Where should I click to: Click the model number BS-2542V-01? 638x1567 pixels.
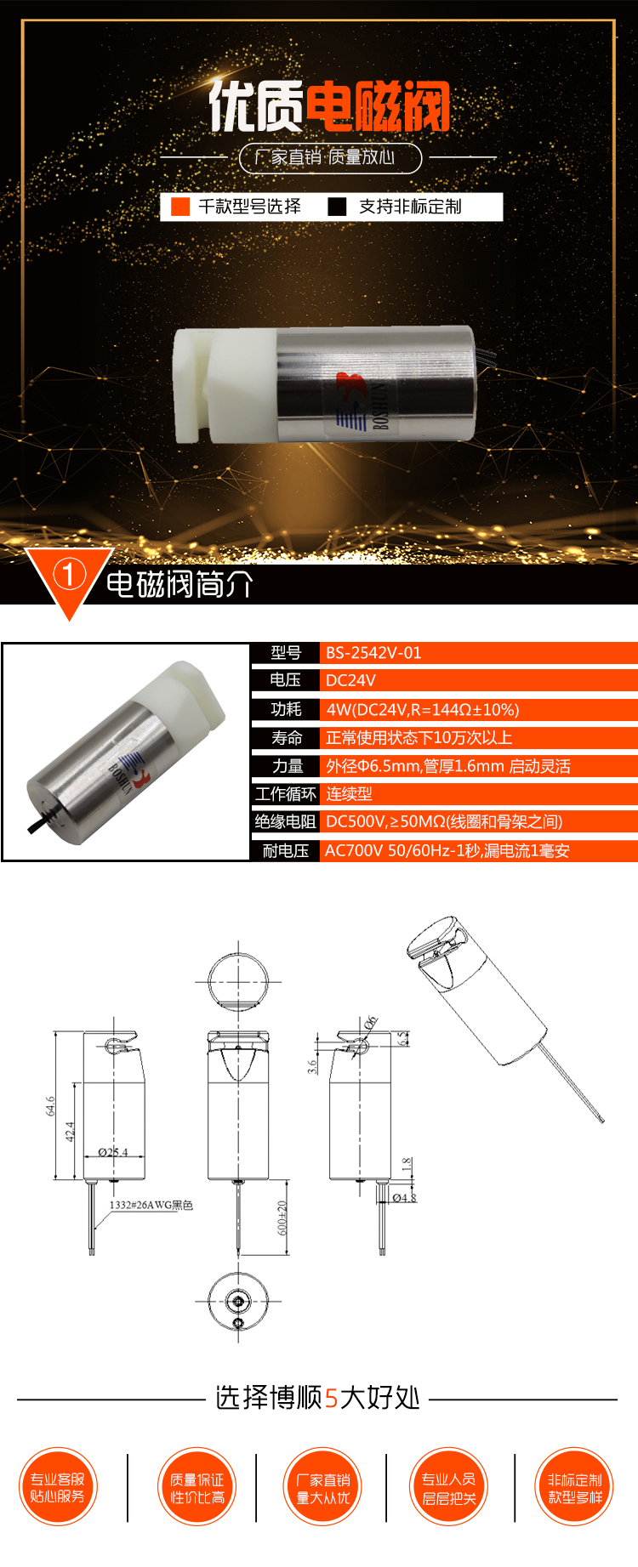click(x=373, y=653)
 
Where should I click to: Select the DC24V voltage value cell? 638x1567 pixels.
click(x=350, y=680)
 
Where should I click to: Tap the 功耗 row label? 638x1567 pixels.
click(x=286, y=709)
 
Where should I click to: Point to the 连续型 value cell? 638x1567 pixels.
click(x=349, y=793)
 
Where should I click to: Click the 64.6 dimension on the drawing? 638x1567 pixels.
click(x=50, y=1105)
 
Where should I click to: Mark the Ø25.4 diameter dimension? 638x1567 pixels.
click(x=112, y=1152)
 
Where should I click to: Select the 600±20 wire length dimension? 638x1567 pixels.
click(x=282, y=1218)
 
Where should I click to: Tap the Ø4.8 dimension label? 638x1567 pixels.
click(x=404, y=1197)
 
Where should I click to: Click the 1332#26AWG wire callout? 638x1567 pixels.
click(x=151, y=1205)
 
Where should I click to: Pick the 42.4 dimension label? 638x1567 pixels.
click(x=70, y=1132)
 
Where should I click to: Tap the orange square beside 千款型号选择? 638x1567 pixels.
click(x=180, y=207)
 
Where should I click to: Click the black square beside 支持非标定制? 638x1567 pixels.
click(x=337, y=207)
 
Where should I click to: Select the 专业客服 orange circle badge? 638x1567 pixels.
click(x=58, y=1487)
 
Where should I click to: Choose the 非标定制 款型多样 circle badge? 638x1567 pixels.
click(x=575, y=1487)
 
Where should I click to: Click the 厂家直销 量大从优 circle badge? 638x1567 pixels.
click(x=323, y=1487)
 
